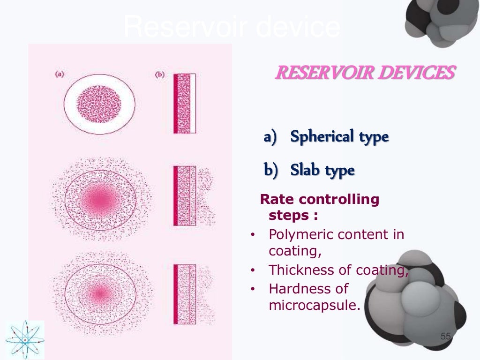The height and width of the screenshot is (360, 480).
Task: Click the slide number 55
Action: pyautogui.click(x=445, y=337)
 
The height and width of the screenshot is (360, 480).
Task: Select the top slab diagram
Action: pyautogui.click(x=185, y=103)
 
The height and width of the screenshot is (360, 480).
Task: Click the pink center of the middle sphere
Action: pyautogui.click(x=100, y=200)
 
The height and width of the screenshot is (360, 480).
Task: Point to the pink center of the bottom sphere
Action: pyautogui.click(x=99, y=293)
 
